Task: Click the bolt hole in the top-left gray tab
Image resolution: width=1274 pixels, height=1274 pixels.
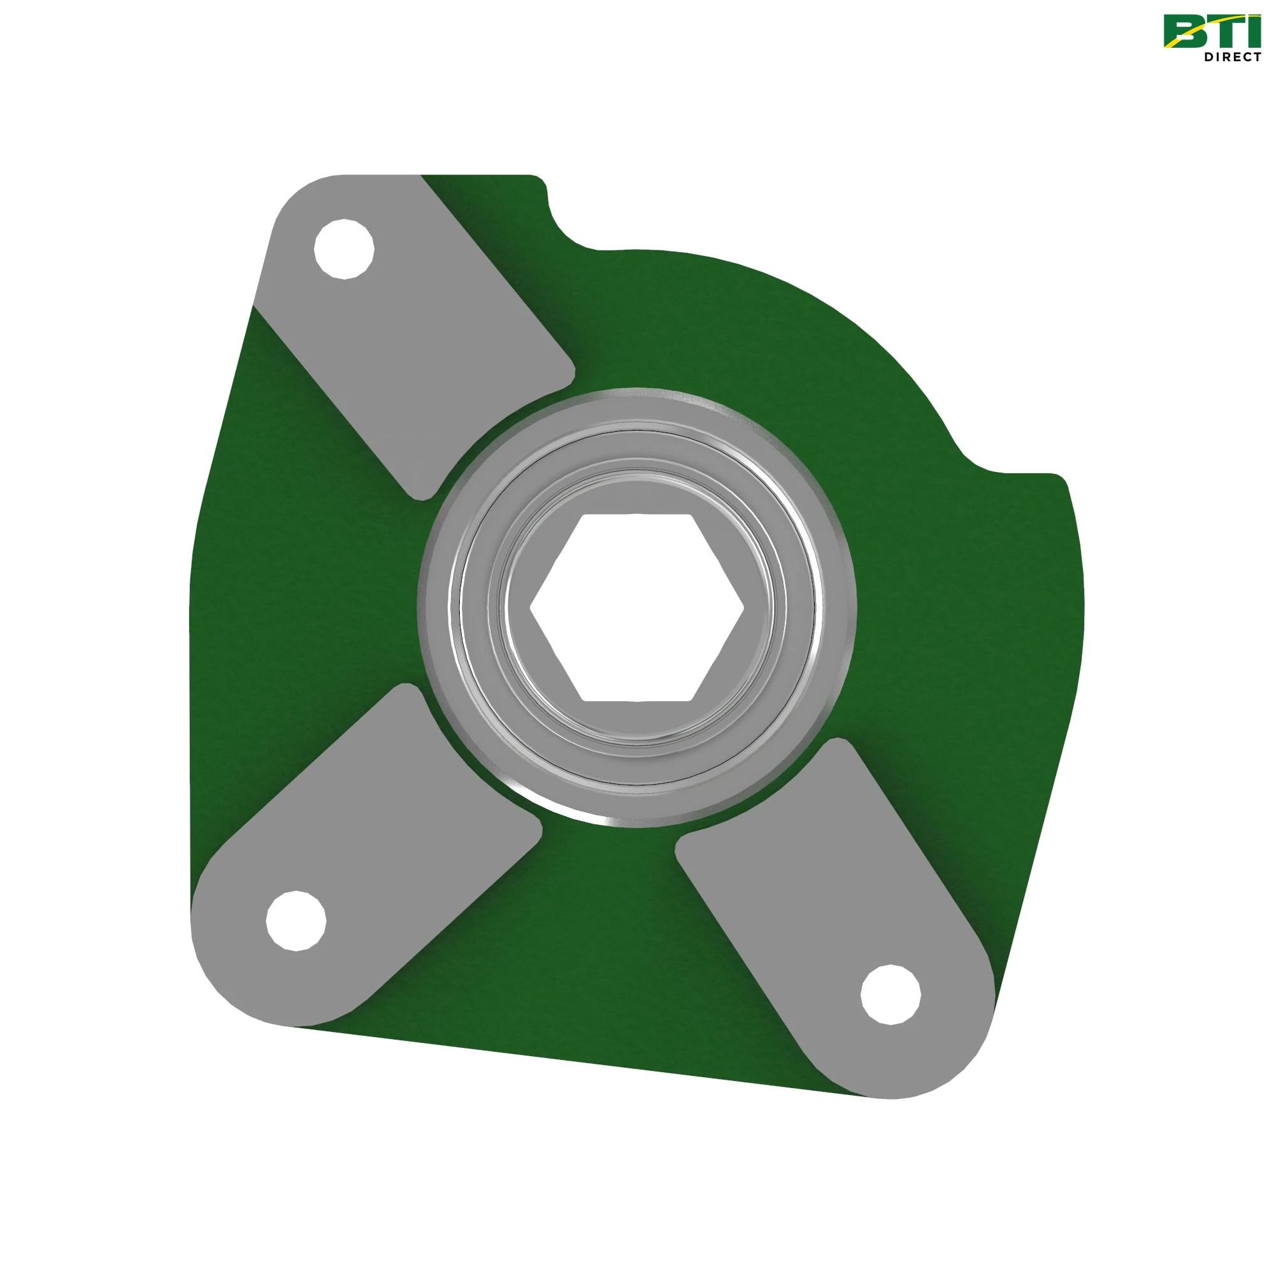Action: (x=343, y=249)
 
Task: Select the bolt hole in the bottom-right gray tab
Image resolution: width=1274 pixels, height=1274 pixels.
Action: (x=891, y=994)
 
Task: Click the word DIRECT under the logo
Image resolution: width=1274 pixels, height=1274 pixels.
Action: (x=1232, y=57)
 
